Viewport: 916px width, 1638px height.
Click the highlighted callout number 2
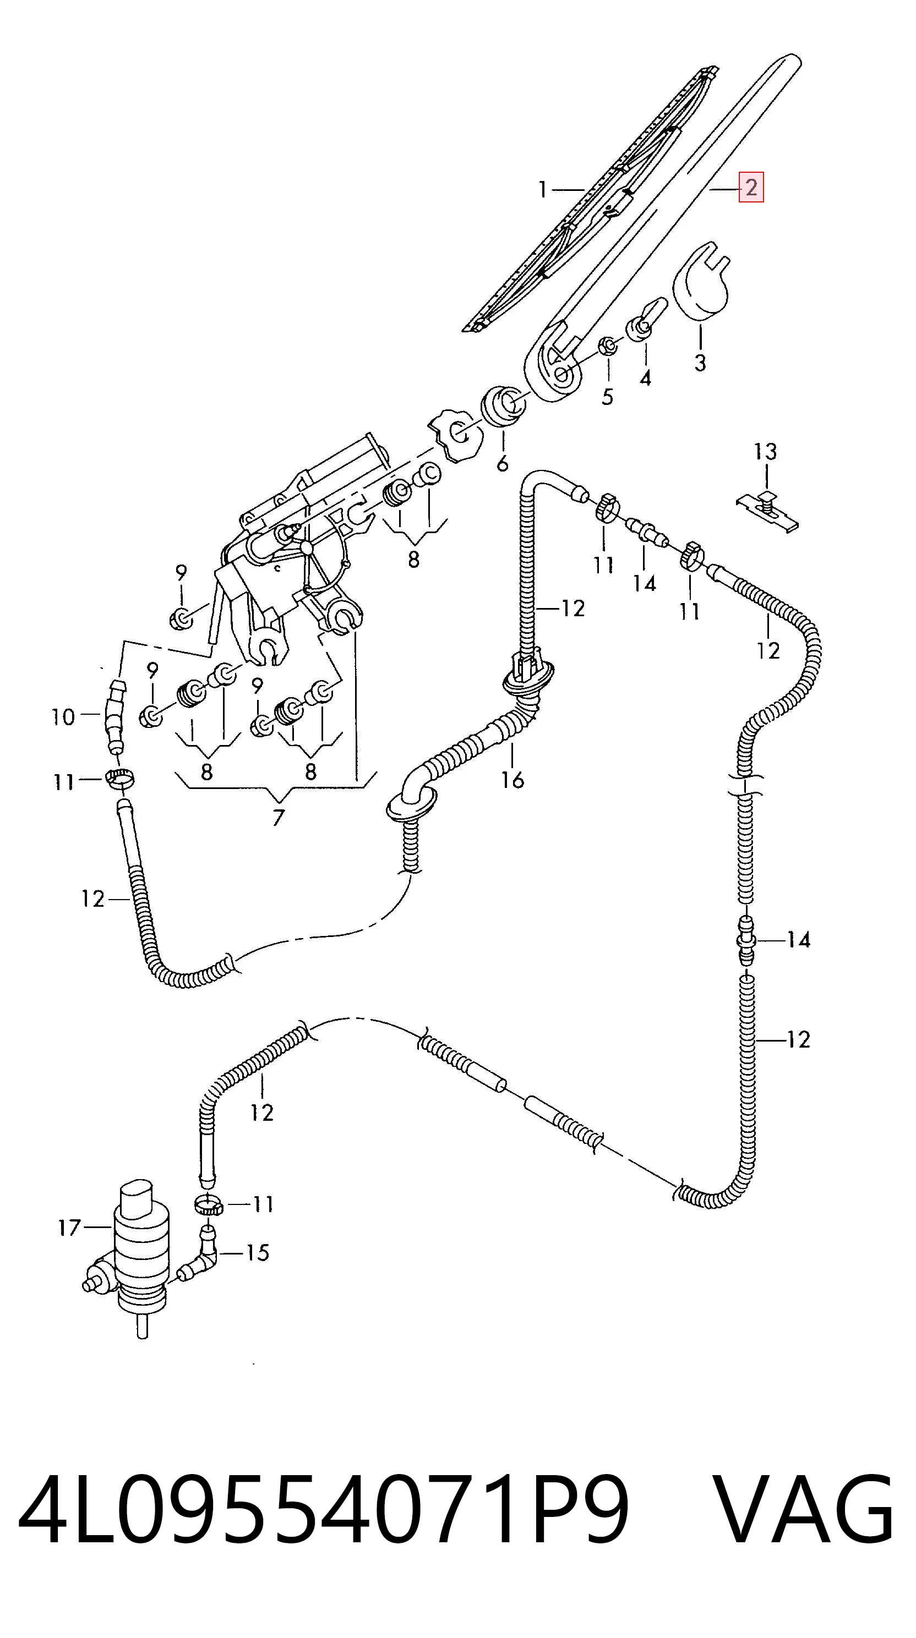click(751, 188)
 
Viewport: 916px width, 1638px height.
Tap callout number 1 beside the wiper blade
click(543, 189)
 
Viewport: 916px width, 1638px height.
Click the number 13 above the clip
click(765, 452)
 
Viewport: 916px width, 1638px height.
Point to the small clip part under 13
click(768, 510)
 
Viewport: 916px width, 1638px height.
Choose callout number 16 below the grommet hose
click(512, 779)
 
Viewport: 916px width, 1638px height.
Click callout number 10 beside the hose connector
click(63, 718)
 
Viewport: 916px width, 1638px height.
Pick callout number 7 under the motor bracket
click(278, 818)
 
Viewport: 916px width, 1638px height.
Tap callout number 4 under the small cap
click(645, 379)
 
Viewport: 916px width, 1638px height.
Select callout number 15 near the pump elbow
click(258, 1253)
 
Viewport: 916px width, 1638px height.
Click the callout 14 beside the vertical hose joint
click(798, 939)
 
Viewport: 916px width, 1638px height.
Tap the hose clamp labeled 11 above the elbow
click(208, 1204)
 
